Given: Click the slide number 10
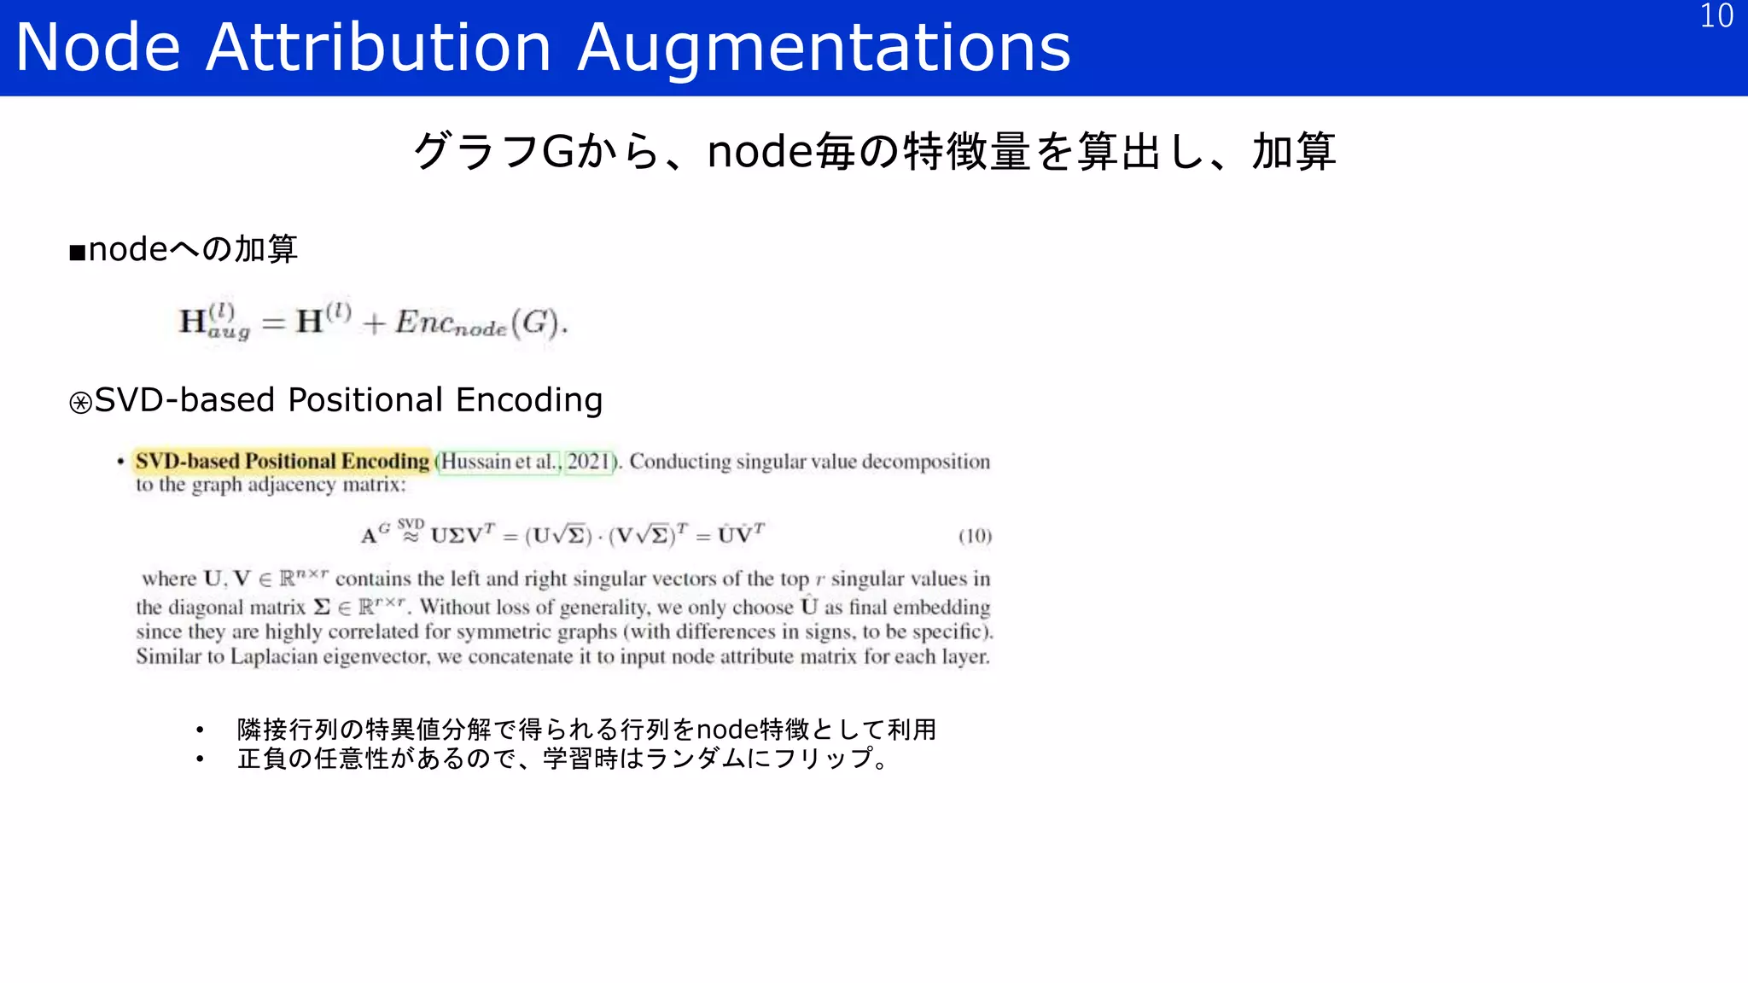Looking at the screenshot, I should (1716, 16).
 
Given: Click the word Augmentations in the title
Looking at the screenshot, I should (824, 48).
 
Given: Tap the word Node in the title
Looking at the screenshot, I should (98, 48).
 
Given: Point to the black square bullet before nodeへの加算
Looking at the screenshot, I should (78, 252).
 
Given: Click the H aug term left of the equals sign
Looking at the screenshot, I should (213, 322).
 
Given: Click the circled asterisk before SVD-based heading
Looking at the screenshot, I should (80, 403).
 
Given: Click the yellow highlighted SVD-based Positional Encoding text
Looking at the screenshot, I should (282, 462).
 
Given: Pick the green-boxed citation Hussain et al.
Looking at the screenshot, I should (499, 462).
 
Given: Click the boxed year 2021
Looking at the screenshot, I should (589, 462).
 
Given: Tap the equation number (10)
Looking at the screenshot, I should (975, 536).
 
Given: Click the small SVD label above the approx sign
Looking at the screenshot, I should (411, 523).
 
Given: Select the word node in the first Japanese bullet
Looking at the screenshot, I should (727, 730).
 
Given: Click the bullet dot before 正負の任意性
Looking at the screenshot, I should (200, 759).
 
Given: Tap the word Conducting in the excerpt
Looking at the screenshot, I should (680, 462).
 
